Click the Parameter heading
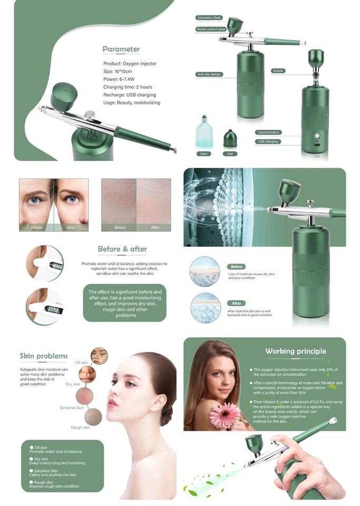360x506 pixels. [121, 50]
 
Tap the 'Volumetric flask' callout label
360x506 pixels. [210, 18]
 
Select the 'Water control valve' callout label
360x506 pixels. [211, 30]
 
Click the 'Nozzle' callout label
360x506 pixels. [278, 71]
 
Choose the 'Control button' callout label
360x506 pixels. [269, 132]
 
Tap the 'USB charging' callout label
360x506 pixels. [268, 142]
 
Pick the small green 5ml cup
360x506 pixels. [230, 140]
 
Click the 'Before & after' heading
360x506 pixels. [122, 249]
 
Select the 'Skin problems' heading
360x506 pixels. [44, 356]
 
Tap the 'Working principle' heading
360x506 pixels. [296, 351]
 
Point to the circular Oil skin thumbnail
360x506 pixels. [99, 356]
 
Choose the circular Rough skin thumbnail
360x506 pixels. [93, 416]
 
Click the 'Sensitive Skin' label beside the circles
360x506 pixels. [72, 408]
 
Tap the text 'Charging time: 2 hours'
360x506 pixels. [128, 87]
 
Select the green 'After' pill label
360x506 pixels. [237, 303]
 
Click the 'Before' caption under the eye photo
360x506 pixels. [36, 227]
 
